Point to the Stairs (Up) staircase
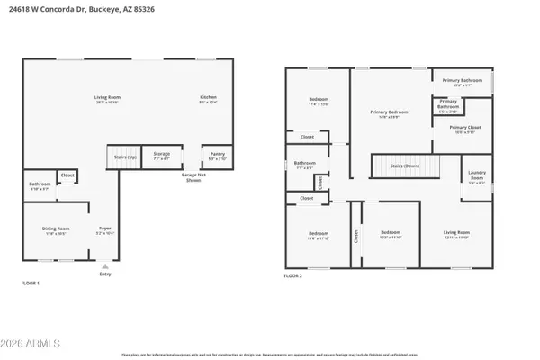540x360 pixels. click(126, 157)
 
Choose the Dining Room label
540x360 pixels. click(56, 230)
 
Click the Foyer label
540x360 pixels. click(104, 230)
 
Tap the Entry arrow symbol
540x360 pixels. click(104, 265)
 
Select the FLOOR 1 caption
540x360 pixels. click(31, 283)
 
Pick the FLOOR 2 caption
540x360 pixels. click(294, 276)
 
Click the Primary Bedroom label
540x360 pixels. click(389, 113)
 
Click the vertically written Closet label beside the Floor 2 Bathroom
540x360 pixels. click(319, 182)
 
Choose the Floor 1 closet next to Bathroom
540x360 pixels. click(67, 176)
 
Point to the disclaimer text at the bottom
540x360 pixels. click(270, 355)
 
